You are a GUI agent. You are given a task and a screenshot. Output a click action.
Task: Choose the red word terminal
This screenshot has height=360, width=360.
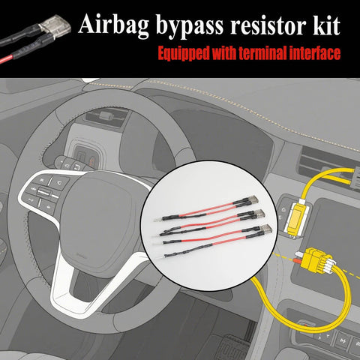point(274,54)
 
